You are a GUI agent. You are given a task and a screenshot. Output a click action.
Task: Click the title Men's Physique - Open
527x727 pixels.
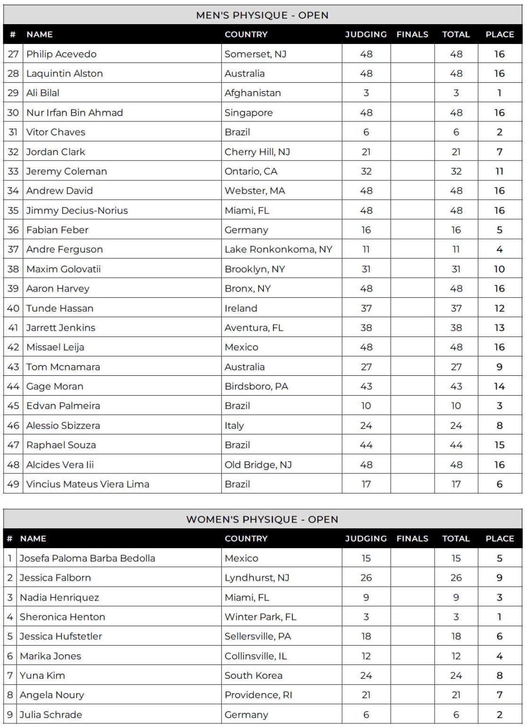point(262,15)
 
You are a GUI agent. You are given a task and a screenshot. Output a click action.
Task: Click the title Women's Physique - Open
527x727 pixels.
point(262,519)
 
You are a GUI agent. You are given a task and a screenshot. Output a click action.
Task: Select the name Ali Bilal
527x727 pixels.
point(43,93)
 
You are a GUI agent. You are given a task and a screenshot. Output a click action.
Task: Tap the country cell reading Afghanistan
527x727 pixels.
point(253,93)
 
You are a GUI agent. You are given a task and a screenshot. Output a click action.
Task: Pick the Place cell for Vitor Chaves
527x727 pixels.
point(500,132)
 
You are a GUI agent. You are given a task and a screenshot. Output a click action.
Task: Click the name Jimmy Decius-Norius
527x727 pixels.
point(77,210)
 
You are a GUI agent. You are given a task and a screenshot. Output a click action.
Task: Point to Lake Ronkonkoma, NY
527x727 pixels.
point(278,249)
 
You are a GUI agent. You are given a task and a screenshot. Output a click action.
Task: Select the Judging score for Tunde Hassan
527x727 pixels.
point(366,308)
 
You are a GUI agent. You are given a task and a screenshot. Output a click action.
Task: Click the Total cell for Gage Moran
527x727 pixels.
point(456,386)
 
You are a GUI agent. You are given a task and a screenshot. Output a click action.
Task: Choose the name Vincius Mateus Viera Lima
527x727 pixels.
point(88,484)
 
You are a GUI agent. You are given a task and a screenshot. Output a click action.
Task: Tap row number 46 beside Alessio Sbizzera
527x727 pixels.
point(13,426)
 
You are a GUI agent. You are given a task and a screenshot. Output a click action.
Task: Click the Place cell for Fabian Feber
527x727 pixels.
point(500,230)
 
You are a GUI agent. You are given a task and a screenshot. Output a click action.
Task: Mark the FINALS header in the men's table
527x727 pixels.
point(412,34)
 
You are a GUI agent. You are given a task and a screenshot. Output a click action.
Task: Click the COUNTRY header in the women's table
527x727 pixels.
point(246,539)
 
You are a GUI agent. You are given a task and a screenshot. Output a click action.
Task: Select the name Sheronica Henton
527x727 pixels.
point(62,617)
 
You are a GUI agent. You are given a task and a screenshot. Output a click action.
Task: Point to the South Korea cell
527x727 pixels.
point(253,675)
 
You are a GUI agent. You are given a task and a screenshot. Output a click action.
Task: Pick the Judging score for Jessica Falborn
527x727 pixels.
point(366,577)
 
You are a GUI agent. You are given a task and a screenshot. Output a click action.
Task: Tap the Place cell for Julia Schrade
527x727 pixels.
point(500,715)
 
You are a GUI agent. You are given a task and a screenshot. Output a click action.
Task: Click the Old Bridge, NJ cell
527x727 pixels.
point(258,465)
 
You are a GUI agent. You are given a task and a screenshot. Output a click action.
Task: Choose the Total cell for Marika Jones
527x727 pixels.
point(456,656)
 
